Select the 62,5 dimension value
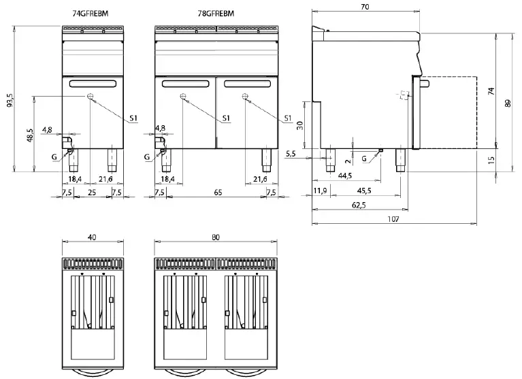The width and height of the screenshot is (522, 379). [359, 204]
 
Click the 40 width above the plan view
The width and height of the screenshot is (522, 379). [92, 237]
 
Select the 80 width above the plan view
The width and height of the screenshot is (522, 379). [215, 237]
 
